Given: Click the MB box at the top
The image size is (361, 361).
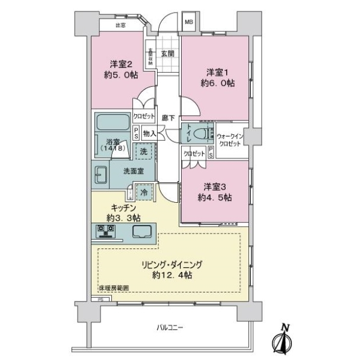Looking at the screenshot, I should [188, 23].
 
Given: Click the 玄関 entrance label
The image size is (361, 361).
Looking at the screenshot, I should [167, 52].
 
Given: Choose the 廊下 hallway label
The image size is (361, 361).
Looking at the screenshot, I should [168, 119].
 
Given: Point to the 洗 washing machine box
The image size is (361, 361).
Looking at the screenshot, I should [144, 152].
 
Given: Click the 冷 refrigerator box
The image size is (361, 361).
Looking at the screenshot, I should [144, 192].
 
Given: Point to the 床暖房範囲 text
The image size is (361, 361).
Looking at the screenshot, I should [113, 291].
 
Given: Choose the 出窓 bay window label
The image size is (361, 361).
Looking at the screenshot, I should [120, 25].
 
